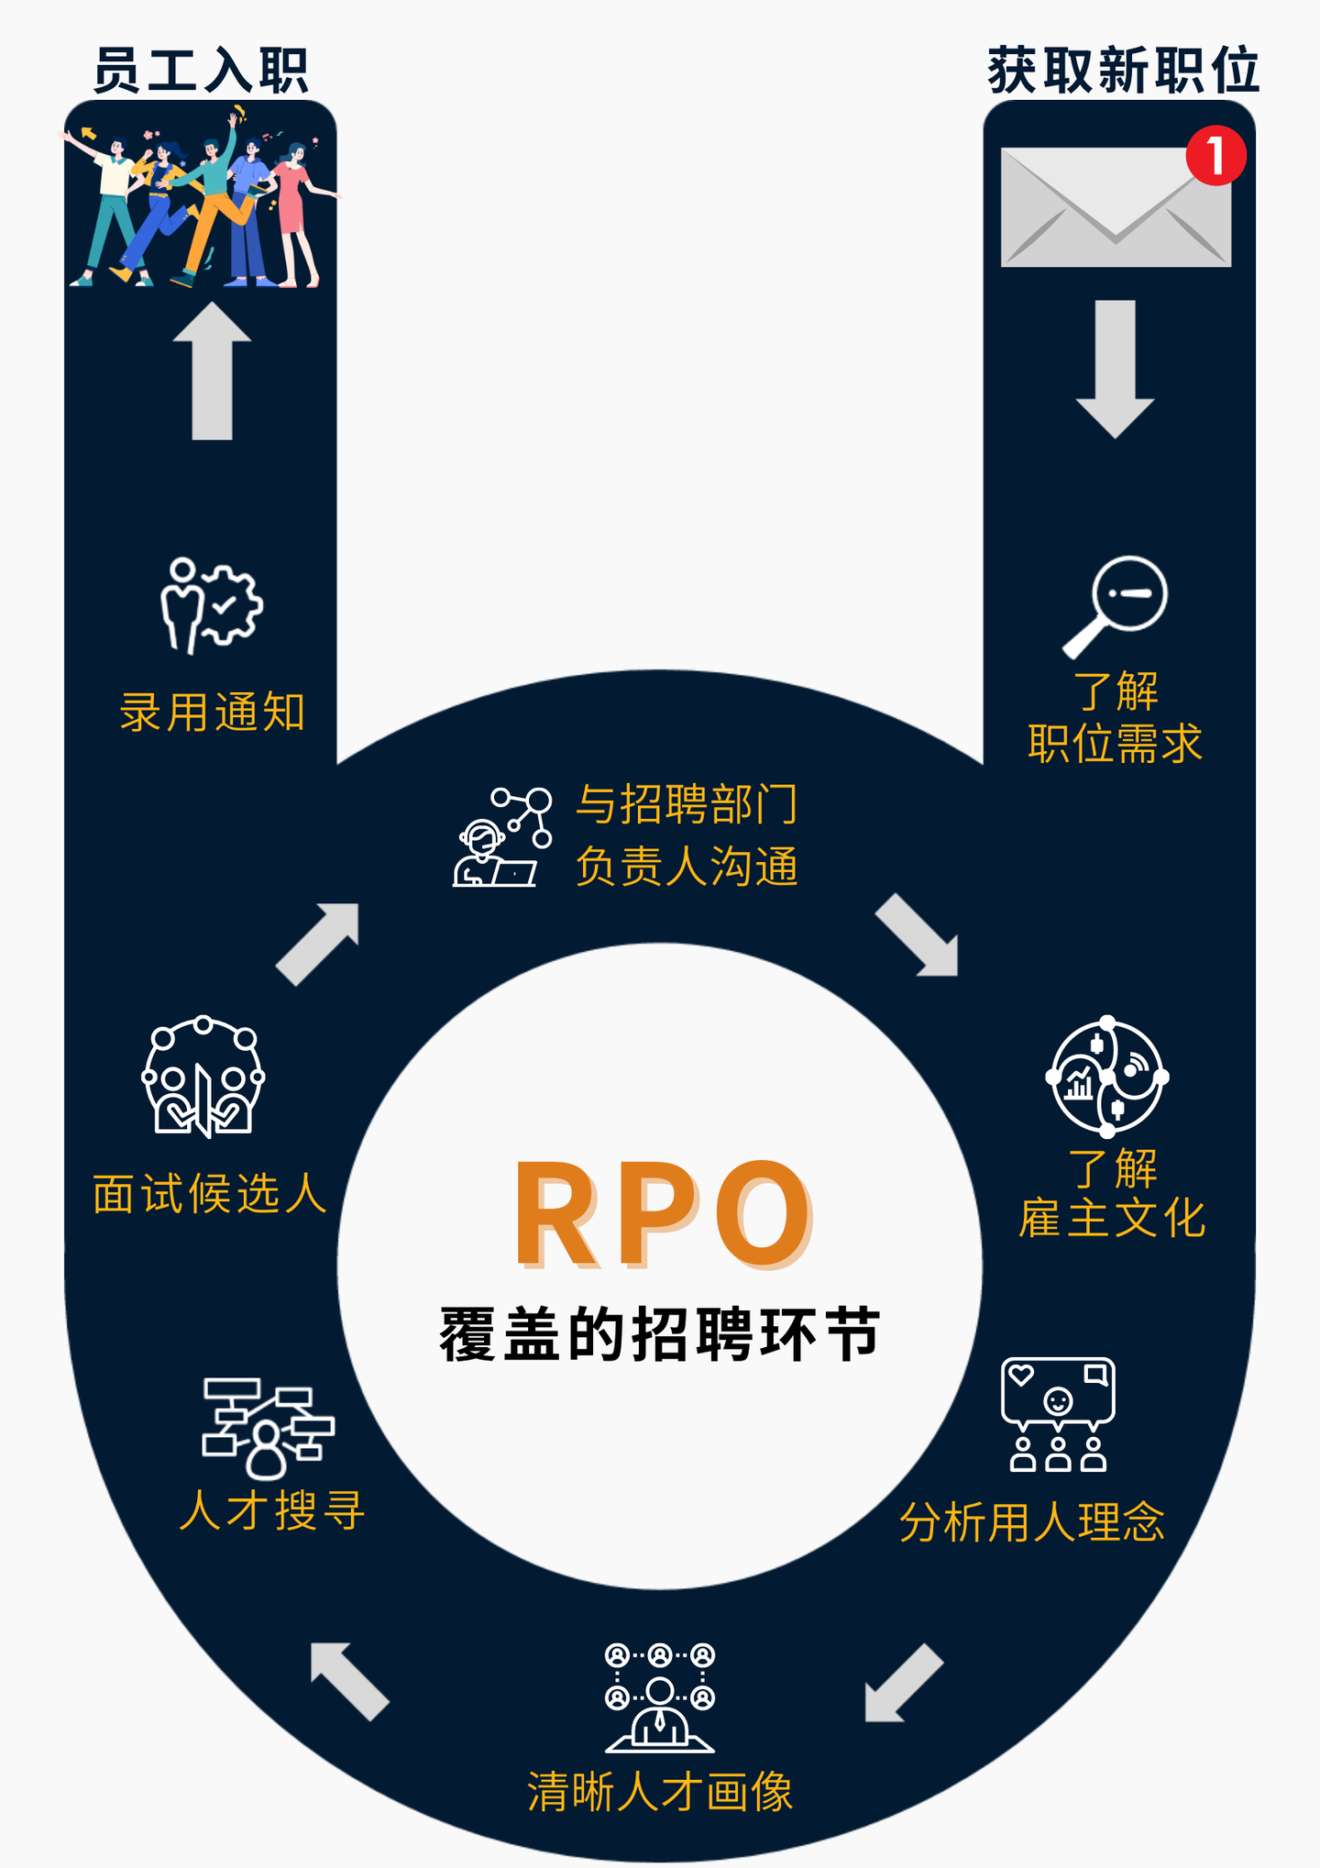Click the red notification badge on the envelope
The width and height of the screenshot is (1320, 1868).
point(1215,156)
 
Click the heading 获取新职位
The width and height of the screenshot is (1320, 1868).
point(1123,71)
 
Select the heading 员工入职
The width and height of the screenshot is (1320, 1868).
point(201,71)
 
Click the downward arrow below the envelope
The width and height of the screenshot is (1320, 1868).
point(1115,368)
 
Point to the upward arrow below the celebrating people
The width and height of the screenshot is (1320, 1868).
point(212,370)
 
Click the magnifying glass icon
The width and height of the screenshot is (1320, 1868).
point(1116,604)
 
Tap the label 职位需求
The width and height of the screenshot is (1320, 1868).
point(1115,743)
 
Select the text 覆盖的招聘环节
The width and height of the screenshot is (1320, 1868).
point(660,1334)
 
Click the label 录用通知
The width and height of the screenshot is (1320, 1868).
point(212,713)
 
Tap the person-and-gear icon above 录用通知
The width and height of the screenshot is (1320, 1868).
point(211,604)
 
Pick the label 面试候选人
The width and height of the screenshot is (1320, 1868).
point(210,1194)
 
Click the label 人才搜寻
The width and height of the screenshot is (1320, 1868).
point(272,1510)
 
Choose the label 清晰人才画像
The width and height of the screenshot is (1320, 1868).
point(660,1791)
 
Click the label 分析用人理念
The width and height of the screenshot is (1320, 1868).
point(1031,1522)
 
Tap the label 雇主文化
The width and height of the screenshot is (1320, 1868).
point(1112,1219)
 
